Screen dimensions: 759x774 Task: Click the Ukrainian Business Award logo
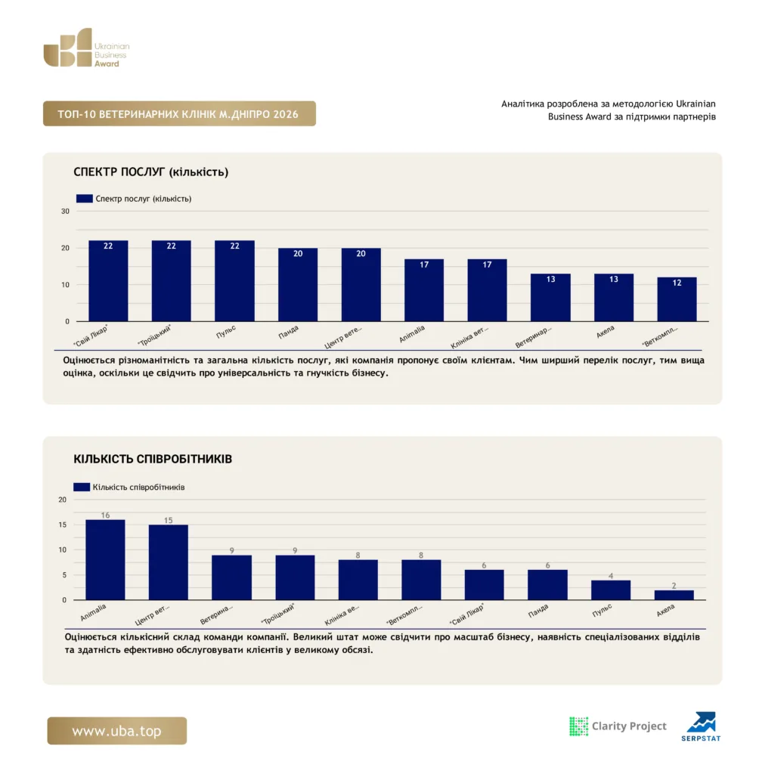point(86,48)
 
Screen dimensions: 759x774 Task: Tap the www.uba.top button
point(117,731)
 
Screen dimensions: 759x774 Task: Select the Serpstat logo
point(701,726)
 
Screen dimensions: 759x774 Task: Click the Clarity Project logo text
point(629,726)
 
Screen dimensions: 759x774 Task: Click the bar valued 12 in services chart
point(677,299)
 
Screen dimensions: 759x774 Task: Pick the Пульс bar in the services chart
point(234,281)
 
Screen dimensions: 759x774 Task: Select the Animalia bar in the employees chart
point(105,560)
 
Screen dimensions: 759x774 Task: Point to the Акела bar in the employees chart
point(674,595)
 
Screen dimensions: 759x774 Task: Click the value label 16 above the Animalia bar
point(105,515)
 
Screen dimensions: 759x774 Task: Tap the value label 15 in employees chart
point(169,520)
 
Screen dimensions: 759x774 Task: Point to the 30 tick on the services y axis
point(65,212)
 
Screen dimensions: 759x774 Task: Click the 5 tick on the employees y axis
point(64,575)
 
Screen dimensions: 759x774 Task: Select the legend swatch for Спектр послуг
point(85,199)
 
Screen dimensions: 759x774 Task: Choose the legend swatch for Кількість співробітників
point(82,488)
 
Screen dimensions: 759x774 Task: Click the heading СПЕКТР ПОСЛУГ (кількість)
point(151,172)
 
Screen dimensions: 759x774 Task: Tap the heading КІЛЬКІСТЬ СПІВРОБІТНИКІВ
point(153,459)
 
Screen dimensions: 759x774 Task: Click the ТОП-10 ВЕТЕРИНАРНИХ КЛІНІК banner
point(179,113)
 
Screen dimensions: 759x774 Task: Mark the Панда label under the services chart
point(288,333)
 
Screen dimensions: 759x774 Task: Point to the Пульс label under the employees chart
point(602,611)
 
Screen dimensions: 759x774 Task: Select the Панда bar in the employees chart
point(547,585)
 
